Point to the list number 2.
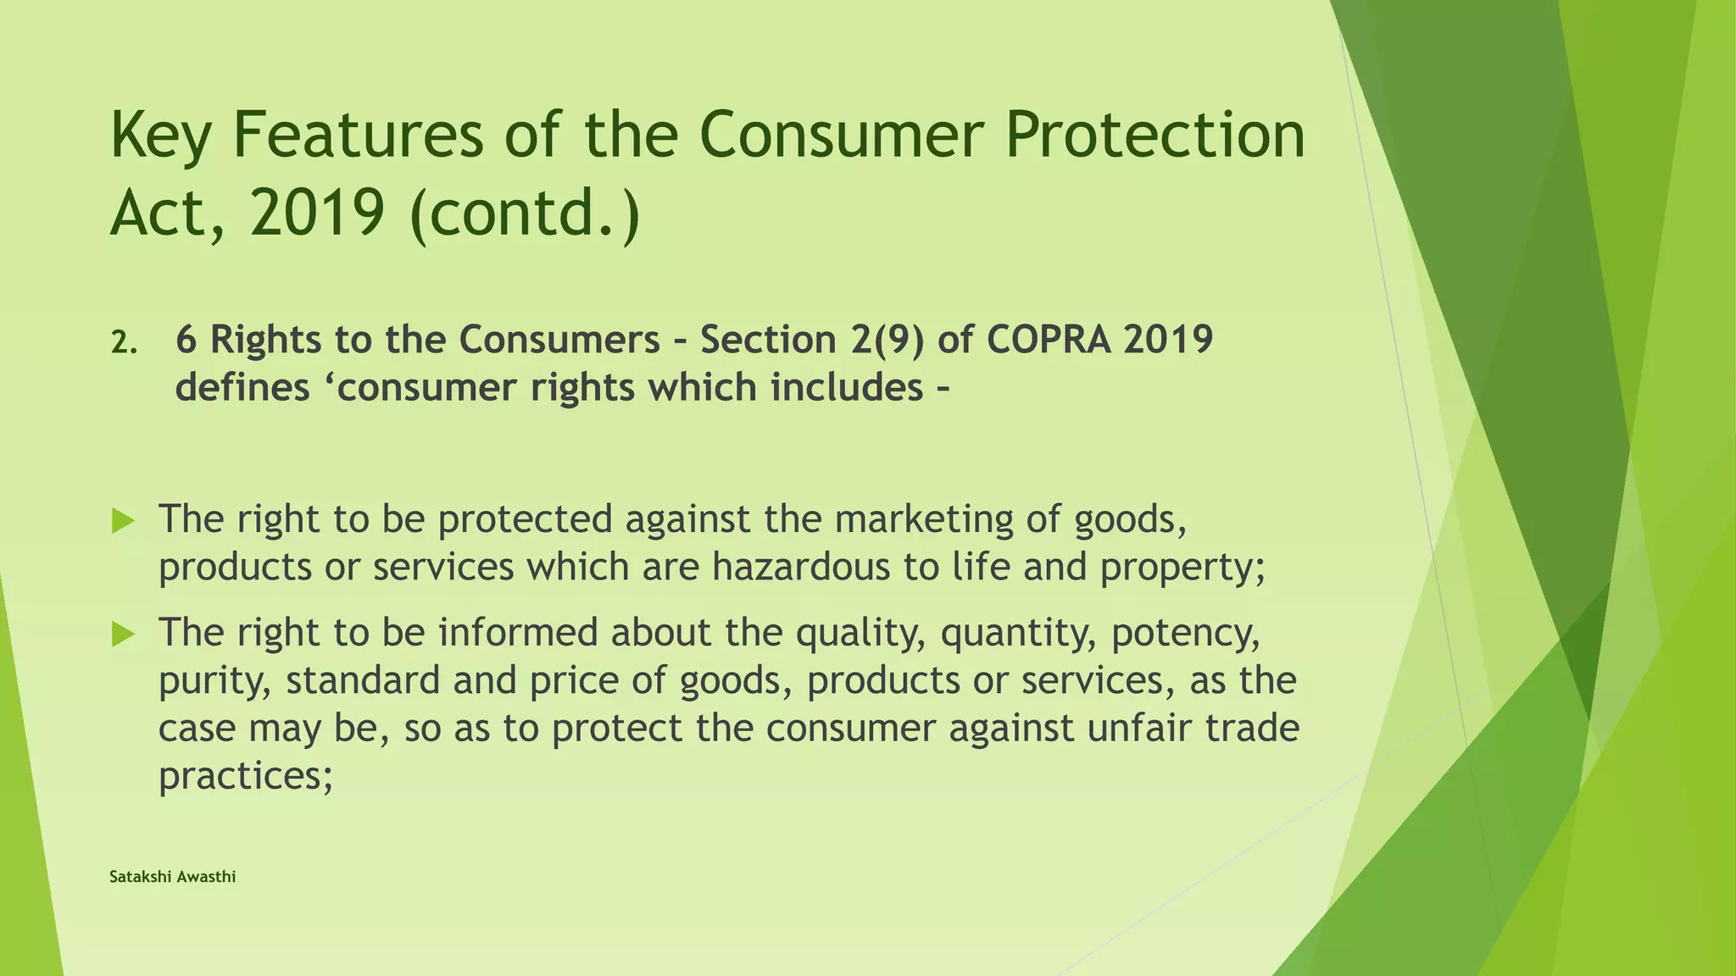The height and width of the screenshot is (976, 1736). [x=123, y=342]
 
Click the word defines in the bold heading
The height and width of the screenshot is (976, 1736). [x=242, y=388]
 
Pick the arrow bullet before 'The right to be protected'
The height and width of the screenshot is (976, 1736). [x=124, y=521]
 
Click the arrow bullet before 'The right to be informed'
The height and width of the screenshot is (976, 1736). [x=124, y=634]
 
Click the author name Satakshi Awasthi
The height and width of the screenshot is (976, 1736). [x=173, y=877]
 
